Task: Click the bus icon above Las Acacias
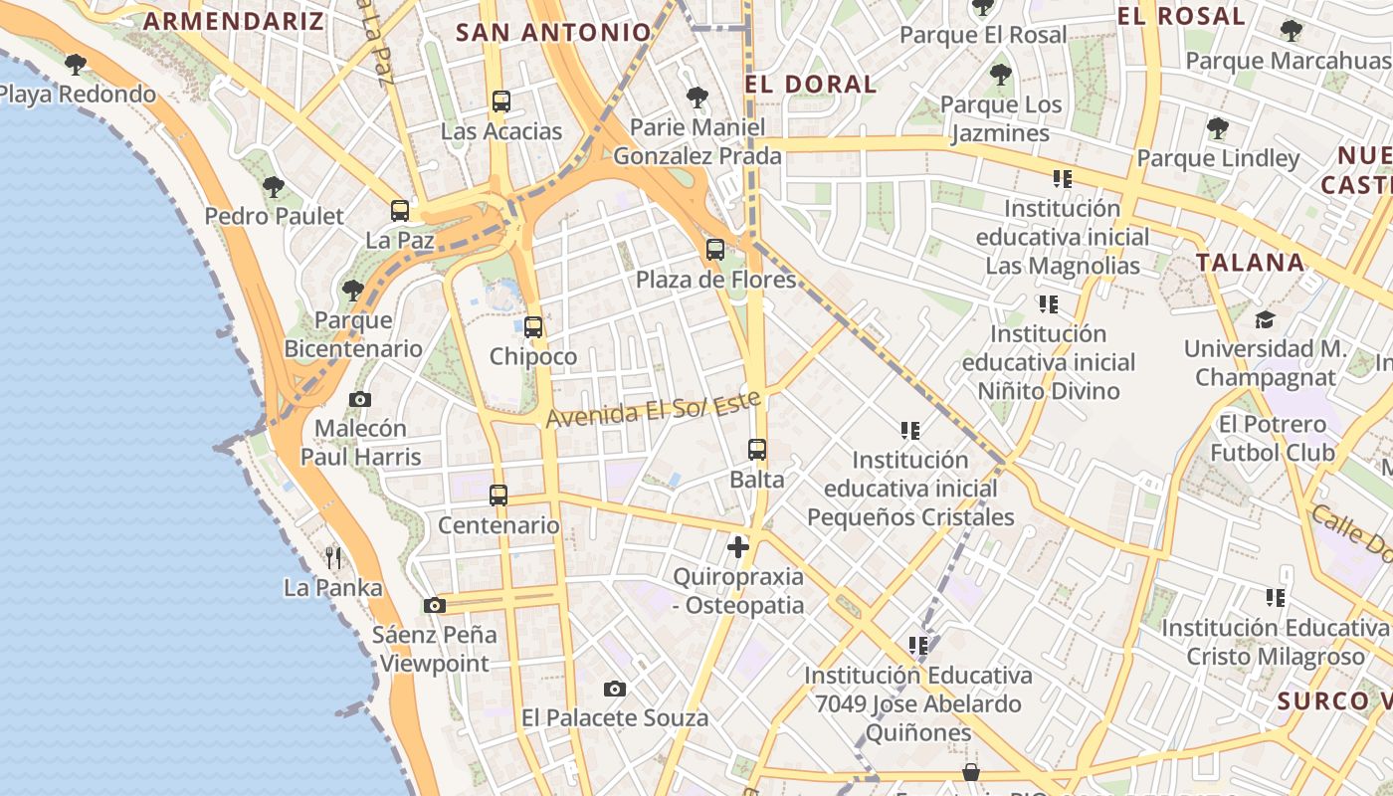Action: pos(501,101)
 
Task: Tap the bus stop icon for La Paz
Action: pos(400,211)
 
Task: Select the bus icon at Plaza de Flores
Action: pos(715,250)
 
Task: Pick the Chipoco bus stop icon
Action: pos(533,326)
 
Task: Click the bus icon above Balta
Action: pos(757,450)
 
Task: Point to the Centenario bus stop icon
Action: pos(498,495)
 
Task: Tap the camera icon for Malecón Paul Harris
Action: pos(360,399)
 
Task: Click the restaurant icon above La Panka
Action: pos(333,557)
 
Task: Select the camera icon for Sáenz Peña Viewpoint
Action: pos(434,605)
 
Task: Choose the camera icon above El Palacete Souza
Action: pos(615,689)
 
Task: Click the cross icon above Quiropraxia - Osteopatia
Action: pos(738,546)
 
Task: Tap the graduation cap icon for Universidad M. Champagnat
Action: pos(1265,319)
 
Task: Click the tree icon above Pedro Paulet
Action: pos(274,186)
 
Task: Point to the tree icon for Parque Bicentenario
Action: pos(353,291)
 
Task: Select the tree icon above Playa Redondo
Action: pos(75,65)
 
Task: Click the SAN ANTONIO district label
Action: pos(553,32)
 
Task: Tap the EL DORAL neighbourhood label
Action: pos(810,84)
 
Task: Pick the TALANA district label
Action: pos(1250,263)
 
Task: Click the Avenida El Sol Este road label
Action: pos(653,408)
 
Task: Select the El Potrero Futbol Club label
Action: pos(1273,438)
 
